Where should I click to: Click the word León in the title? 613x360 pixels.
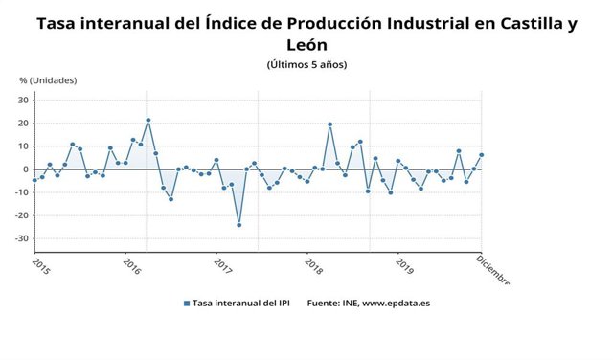click(306, 44)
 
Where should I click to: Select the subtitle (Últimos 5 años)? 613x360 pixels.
click(306, 64)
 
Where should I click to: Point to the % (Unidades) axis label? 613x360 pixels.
click(48, 80)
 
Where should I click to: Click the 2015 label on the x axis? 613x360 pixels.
click(41, 265)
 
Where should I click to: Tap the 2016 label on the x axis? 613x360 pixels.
click(132, 265)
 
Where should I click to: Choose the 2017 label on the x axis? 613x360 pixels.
click(222, 265)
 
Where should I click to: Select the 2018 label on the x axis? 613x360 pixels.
click(313, 265)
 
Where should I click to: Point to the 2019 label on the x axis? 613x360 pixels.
click(404, 265)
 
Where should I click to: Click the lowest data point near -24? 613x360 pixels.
click(238, 225)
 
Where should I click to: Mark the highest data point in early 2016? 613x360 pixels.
click(148, 121)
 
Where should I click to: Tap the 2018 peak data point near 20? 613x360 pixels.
click(329, 124)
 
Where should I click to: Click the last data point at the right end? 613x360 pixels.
click(481, 155)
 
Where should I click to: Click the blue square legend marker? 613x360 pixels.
click(186, 304)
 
